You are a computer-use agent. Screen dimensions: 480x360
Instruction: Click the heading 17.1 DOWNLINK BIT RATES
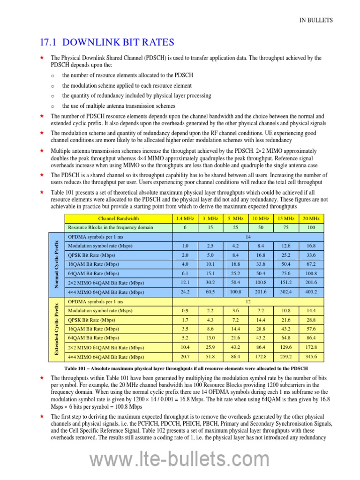(107, 43)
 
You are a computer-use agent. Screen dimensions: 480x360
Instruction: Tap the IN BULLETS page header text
(316, 20)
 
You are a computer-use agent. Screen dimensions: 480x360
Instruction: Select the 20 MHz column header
(311, 218)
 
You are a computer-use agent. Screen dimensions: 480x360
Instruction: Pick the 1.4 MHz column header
(184, 218)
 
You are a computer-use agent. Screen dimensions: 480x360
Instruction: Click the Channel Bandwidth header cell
(118, 218)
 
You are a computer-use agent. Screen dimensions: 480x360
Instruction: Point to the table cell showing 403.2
(311, 292)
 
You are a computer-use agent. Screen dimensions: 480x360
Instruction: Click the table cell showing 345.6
(311, 357)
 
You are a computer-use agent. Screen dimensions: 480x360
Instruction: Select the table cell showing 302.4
(285, 292)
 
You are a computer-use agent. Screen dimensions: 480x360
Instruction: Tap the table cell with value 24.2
(184, 292)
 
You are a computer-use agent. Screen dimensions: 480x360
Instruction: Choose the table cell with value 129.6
(285, 347)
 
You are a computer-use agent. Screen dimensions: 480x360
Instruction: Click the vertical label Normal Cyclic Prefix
(56, 264)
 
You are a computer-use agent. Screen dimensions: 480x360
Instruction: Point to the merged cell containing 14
(248, 237)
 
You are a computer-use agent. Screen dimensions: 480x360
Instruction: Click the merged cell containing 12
(248, 301)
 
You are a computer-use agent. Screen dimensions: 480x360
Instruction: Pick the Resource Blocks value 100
(311, 227)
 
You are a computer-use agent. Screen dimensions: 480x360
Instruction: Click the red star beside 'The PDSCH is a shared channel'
(41, 175)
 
